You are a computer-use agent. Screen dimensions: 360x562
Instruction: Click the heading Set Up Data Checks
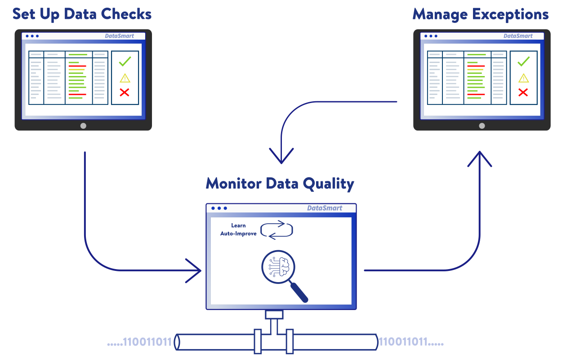[x=82, y=14]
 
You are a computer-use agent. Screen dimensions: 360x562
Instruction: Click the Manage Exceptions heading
[x=480, y=14]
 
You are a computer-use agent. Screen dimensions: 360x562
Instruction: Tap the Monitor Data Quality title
[x=280, y=184]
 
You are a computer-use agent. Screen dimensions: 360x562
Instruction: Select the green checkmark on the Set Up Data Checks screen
[x=125, y=61]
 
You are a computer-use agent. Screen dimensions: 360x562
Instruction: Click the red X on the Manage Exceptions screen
[x=523, y=93]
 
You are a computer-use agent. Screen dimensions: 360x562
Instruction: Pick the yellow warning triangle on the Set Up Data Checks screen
[x=125, y=78]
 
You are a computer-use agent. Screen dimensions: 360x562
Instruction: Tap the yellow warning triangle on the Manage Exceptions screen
[x=523, y=78]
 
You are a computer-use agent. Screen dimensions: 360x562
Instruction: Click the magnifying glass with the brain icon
[x=282, y=273]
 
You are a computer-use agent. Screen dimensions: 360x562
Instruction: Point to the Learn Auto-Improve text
[x=238, y=229]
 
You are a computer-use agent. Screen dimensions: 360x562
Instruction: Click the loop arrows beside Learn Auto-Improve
[x=277, y=229]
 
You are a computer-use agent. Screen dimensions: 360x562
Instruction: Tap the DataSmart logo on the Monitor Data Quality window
[x=325, y=208]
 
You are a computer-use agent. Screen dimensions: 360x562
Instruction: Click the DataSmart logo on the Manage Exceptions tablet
[x=518, y=36]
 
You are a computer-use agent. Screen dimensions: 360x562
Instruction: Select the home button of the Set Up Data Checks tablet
[x=83, y=126]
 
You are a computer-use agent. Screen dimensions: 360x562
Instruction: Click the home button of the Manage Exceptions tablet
[x=482, y=126]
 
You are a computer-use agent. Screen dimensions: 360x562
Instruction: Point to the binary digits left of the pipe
[x=140, y=342]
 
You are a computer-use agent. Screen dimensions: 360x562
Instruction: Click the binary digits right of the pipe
[x=411, y=342]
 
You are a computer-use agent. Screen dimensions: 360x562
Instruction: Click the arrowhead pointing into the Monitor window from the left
[x=195, y=270]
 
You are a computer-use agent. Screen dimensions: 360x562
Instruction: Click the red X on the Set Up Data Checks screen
[x=125, y=92]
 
